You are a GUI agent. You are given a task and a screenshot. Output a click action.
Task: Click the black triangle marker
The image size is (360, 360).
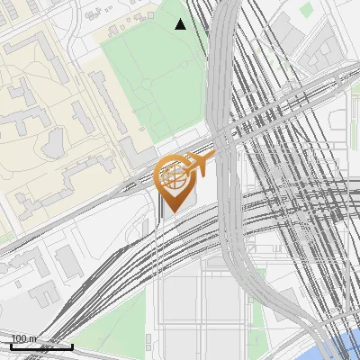coord(180,24)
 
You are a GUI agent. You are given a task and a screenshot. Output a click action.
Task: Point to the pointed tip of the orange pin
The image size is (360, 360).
coord(172,211)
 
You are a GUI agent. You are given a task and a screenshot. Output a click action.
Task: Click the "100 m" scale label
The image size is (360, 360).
coord(24,338)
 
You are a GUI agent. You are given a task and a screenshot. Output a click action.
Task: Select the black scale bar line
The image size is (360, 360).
coord(41,346)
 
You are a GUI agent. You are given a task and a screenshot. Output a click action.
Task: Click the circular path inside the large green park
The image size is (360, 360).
coord(147,84)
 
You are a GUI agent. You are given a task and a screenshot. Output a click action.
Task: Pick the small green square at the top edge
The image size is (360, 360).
coord(306,9)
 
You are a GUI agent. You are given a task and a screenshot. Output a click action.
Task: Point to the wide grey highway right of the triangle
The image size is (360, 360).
coord(225,54)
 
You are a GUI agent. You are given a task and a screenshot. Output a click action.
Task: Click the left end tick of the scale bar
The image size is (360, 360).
coord(11,346)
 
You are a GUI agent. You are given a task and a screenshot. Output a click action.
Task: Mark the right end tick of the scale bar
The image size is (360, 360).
coord(72,346)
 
